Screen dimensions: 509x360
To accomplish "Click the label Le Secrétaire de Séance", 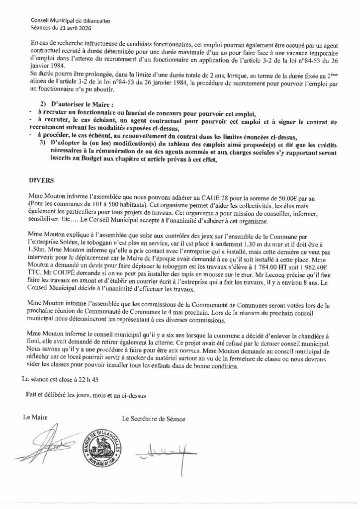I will click(x=154, y=419).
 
